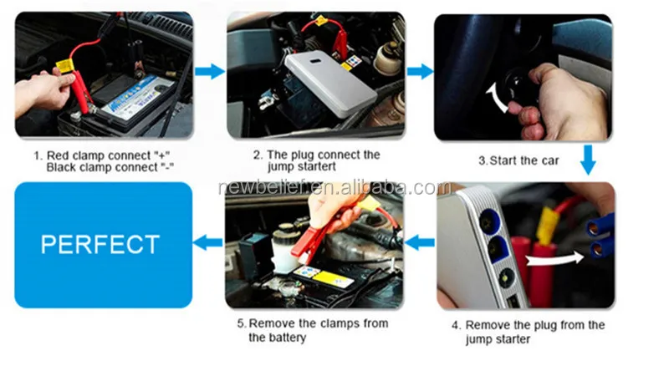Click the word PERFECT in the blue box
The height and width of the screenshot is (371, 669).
100,245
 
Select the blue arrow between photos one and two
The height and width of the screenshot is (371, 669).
210,72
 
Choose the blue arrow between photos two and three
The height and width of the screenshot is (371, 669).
419,72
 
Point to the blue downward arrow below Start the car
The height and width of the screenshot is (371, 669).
588,160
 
